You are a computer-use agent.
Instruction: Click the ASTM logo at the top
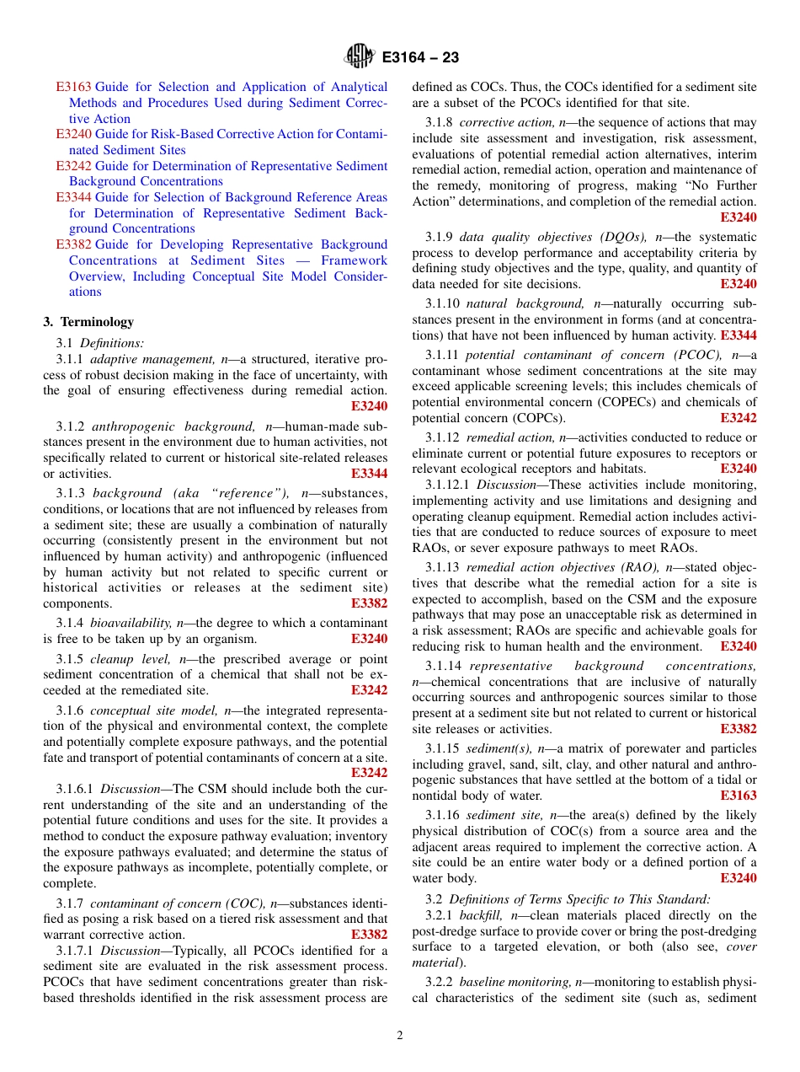tap(359, 57)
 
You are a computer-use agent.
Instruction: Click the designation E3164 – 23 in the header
tap(420, 58)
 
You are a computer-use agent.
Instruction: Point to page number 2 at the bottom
tap(400, 1035)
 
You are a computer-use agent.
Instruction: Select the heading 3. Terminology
tap(88, 322)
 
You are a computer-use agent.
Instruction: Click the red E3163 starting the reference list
tap(73, 87)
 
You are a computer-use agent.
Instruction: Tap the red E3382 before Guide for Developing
tap(73, 244)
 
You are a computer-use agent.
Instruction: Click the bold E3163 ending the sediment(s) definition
tap(739, 796)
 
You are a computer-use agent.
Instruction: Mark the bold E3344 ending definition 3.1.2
tap(370, 474)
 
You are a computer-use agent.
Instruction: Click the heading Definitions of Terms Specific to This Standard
tap(579, 899)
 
